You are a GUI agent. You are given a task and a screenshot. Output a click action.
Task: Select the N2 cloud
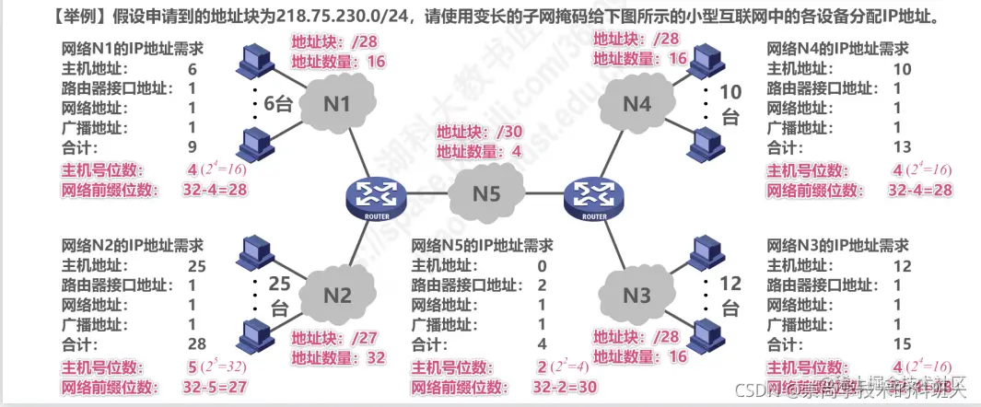(x=337, y=296)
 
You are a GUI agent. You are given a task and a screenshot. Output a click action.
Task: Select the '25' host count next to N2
(x=278, y=285)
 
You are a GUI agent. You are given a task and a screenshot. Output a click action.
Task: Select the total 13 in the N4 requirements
(x=902, y=147)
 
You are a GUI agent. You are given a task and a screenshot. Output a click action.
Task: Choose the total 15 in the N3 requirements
(x=902, y=344)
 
